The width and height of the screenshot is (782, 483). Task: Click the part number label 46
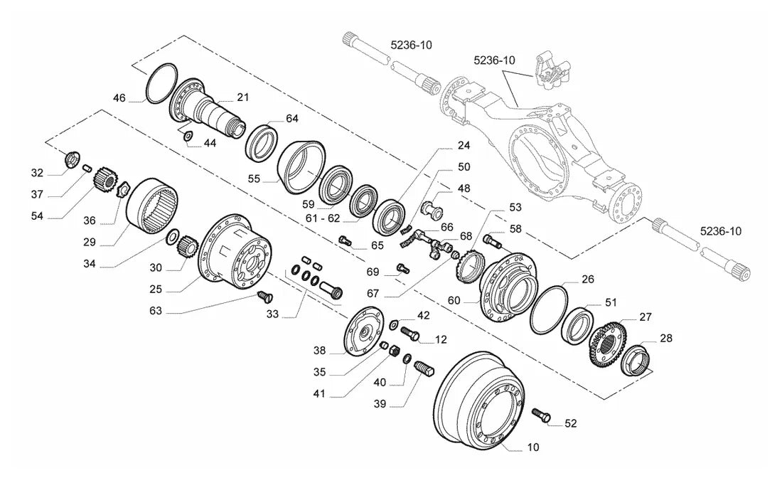(x=119, y=97)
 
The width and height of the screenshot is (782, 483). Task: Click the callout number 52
(x=571, y=423)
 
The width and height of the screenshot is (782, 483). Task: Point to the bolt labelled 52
(x=540, y=415)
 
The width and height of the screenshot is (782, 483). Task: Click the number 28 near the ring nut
(x=666, y=338)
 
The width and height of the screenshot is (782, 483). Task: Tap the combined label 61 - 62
(x=323, y=218)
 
